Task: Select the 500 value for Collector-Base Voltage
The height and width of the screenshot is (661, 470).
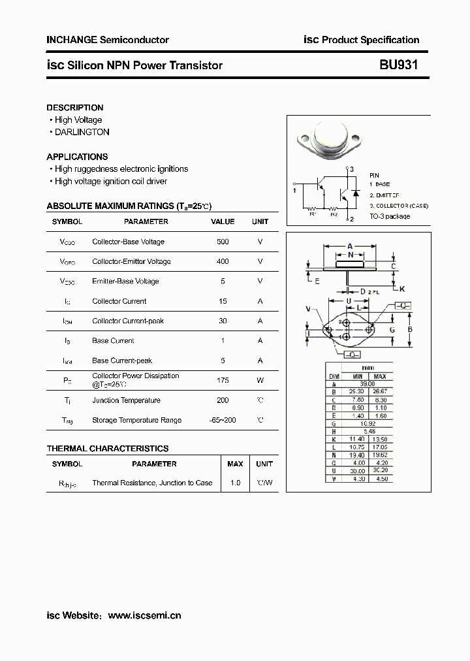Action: click(223, 242)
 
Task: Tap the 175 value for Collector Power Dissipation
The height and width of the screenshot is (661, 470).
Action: click(223, 380)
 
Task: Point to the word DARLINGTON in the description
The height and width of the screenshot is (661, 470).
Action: click(82, 132)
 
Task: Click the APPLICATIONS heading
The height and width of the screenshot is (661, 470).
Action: click(77, 157)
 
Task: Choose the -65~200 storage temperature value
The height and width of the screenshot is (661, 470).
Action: click(223, 420)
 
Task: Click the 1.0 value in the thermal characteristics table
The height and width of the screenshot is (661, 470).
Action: click(235, 483)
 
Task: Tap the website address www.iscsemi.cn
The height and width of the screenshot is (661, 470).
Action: click(144, 615)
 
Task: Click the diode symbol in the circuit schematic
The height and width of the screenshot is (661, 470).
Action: click(355, 193)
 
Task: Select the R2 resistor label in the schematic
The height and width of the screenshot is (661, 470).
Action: click(334, 213)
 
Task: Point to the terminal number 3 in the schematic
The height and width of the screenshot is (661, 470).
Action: click(351, 170)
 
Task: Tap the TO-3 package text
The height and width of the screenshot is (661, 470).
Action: click(390, 216)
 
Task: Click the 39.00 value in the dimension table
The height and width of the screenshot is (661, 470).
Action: click(368, 384)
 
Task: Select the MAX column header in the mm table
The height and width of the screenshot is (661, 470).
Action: click(380, 377)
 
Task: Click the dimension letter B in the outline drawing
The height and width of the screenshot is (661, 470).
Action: click(410, 330)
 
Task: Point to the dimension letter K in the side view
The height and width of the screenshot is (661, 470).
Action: click(402, 289)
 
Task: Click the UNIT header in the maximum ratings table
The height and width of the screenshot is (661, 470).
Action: click(260, 221)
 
